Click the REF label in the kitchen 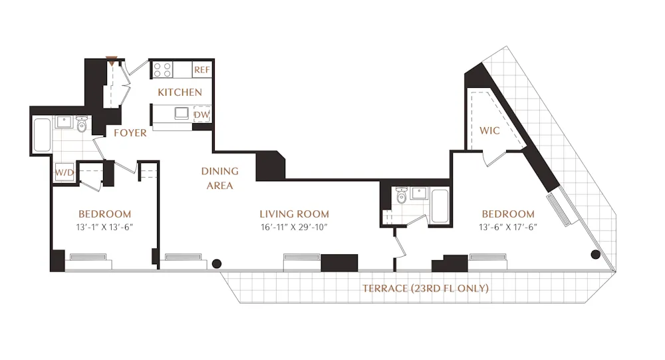(201, 70)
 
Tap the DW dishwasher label (201, 114)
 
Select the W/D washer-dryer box (65, 172)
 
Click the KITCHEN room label (180, 92)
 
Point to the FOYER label (130, 133)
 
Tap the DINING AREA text (220, 178)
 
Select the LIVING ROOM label (294, 214)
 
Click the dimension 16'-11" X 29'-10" (294, 227)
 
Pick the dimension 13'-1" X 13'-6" (104, 227)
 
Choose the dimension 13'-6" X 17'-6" (508, 227)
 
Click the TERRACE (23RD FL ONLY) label (426, 288)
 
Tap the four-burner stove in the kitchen (163, 69)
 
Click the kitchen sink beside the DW (180, 113)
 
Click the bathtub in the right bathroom (439, 206)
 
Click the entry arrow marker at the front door (111, 63)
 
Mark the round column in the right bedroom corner (596, 254)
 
